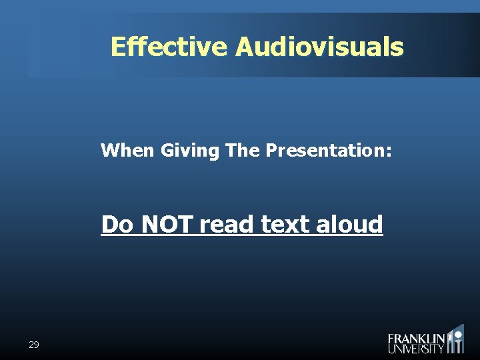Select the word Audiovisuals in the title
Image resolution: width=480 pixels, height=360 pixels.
pos(319,47)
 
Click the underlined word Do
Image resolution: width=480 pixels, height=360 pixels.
pos(117,225)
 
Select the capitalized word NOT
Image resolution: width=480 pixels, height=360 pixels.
pos(166,225)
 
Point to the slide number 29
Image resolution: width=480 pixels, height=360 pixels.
pos(34,345)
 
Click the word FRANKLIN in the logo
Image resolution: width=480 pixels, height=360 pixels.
pos(417,339)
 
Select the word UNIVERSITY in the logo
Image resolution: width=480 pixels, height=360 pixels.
pos(416,348)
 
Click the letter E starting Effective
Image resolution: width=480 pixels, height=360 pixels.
pos(118,47)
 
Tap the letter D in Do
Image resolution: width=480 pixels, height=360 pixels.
pos(110,225)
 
